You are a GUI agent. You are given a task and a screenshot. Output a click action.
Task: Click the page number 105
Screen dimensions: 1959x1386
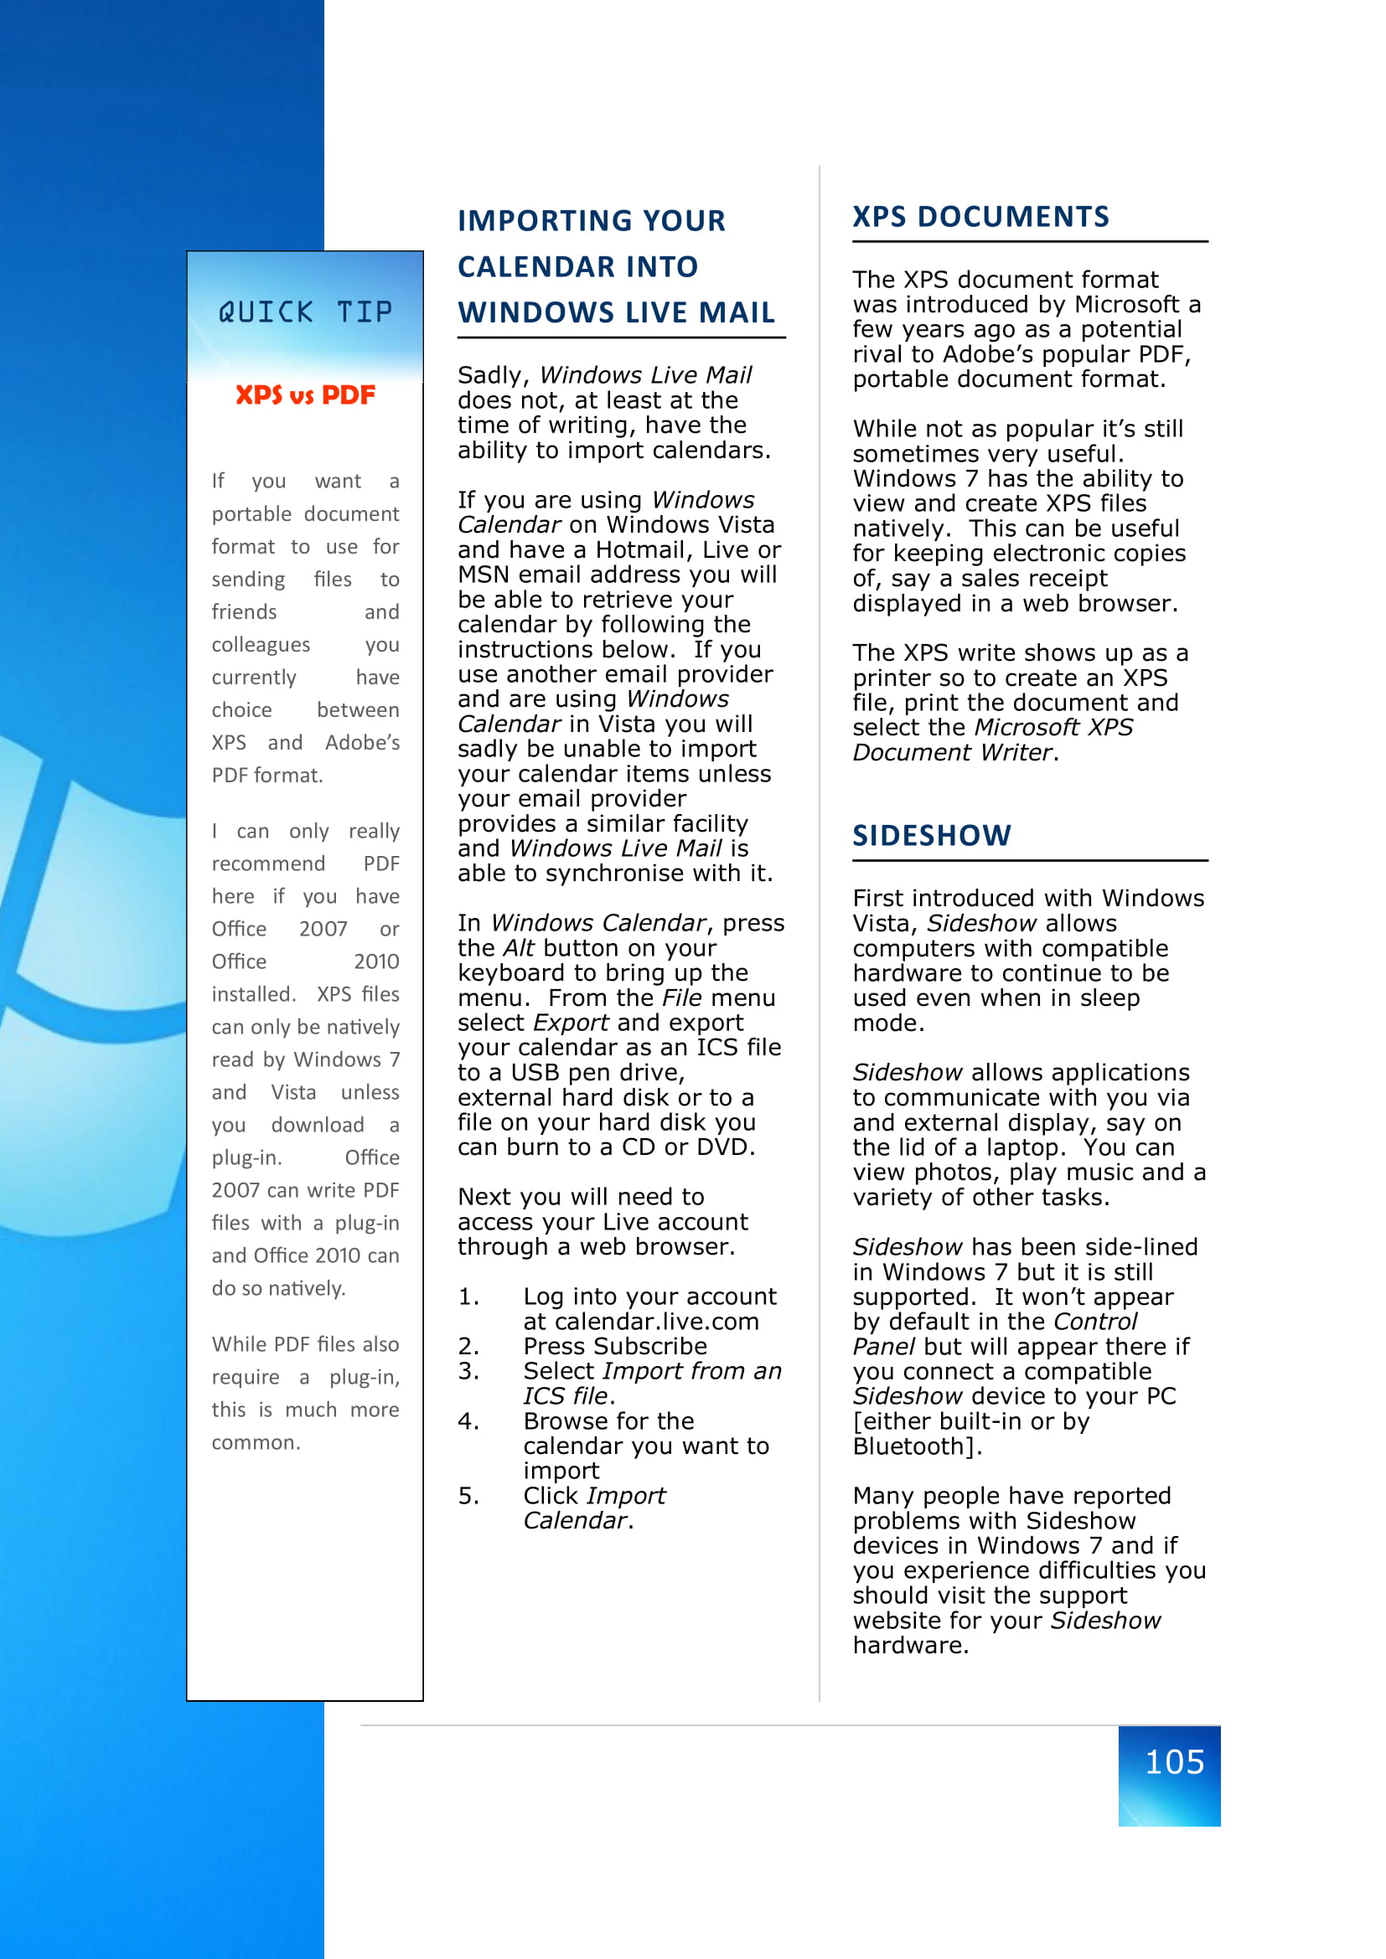point(1174,1762)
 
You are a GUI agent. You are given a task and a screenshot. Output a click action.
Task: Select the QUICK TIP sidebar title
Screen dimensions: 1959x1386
point(305,312)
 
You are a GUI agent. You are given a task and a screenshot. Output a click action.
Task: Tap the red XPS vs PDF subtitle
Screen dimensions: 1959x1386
point(305,395)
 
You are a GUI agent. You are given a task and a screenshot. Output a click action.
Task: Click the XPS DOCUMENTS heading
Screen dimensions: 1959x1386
point(980,217)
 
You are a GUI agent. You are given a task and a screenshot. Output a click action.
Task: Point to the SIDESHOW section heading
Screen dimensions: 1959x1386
point(931,835)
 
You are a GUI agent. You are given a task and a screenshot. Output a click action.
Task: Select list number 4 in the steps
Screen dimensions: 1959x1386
point(468,1420)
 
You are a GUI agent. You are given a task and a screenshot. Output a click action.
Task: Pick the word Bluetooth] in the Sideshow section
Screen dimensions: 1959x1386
point(917,1446)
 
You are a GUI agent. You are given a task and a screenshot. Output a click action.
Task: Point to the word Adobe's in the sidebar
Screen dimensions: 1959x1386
point(362,742)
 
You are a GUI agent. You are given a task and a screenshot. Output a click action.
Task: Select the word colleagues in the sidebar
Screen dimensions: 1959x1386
point(261,645)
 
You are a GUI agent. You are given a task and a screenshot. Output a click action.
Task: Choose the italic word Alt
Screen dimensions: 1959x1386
point(518,948)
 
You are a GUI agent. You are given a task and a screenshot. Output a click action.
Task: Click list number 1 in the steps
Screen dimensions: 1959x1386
point(468,1297)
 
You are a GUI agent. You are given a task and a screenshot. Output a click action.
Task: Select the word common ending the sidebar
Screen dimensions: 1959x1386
point(256,1443)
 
